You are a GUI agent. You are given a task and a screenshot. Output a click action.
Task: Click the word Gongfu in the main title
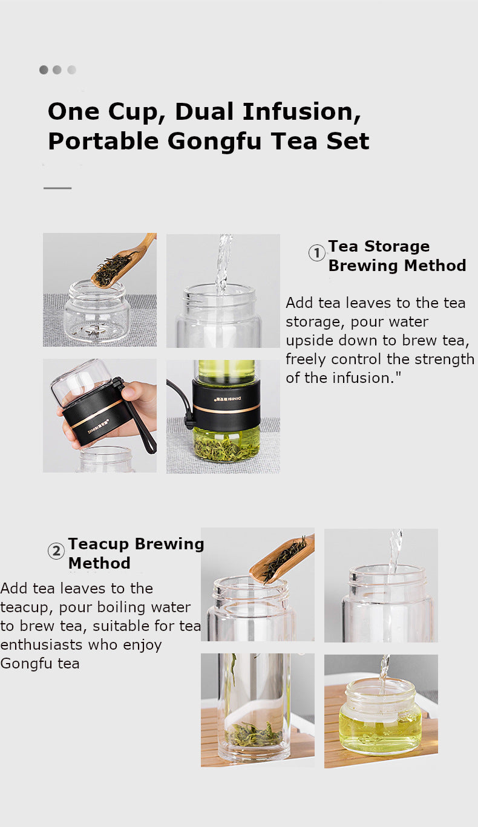click(x=214, y=142)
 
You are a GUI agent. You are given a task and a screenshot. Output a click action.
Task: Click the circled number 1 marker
click(x=317, y=253)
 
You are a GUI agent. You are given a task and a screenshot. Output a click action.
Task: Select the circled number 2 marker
click(x=56, y=551)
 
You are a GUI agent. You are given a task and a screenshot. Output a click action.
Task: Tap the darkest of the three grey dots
click(x=44, y=70)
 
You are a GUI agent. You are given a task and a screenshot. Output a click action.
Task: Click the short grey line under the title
click(x=57, y=188)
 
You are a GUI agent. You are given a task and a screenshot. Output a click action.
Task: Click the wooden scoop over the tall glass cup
click(x=281, y=558)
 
